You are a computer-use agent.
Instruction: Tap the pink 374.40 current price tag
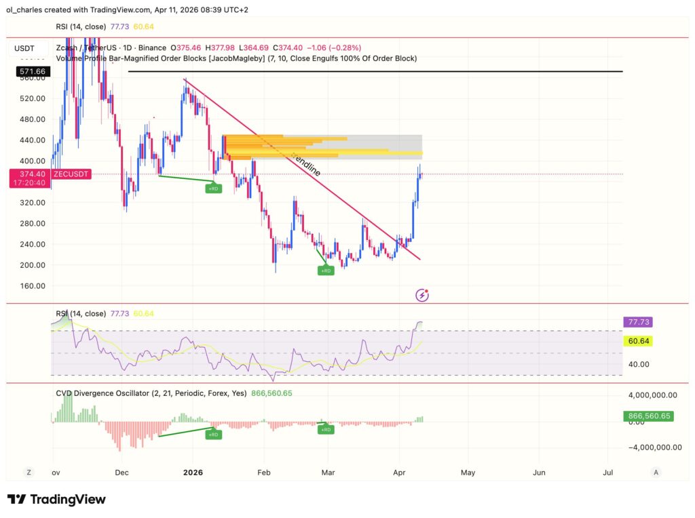pos(31,174)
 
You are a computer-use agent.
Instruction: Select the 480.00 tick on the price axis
pos(32,119)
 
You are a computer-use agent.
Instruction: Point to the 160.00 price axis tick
pos(32,286)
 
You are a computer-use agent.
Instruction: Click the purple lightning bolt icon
pos(423,295)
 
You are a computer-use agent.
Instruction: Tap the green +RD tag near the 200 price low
pos(326,271)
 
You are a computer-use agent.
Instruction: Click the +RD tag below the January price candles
pos(214,188)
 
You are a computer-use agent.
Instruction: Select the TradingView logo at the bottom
pos(56,500)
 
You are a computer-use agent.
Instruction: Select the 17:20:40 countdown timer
pos(31,183)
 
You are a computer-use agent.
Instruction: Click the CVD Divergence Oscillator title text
pos(111,393)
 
